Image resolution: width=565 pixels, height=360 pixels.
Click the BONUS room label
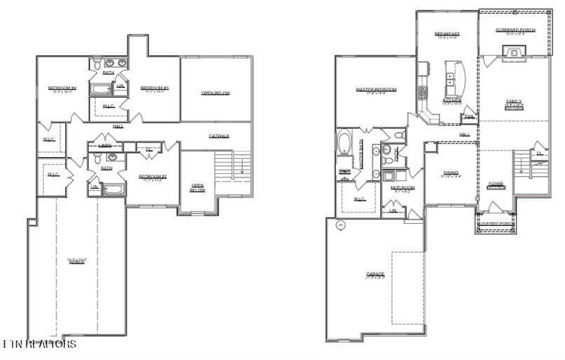[x=77, y=261]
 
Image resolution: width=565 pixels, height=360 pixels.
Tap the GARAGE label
[x=375, y=274]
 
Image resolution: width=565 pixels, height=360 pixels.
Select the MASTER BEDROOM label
[x=376, y=89]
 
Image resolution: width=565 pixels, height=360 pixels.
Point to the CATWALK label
[x=219, y=136]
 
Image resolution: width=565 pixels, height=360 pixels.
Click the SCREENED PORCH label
[x=515, y=30]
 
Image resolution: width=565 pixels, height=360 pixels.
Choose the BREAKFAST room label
[x=447, y=34]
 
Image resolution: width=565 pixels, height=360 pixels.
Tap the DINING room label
[x=451, y=173]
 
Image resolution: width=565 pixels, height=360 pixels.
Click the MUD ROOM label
[x=402, y=188]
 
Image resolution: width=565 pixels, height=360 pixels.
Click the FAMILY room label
[x=514, y=102]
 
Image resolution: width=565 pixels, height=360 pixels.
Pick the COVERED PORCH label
[x=497, y=224]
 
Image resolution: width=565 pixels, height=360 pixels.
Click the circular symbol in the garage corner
[x=341, y=225]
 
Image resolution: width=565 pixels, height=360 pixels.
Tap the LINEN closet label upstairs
[x=105, y=145]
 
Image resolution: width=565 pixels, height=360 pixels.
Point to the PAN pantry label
[x=470, y=116]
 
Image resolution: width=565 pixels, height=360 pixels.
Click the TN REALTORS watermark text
[x=40, y=345]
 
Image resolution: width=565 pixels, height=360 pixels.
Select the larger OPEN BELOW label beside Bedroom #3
[x=216, y=93]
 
